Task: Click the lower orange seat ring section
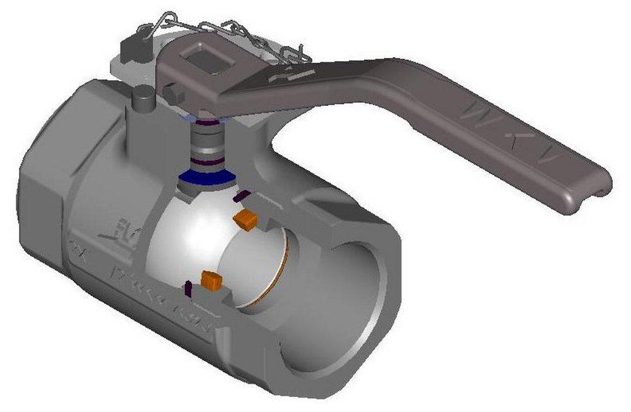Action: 211,280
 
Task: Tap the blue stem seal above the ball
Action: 203,178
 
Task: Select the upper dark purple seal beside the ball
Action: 239,197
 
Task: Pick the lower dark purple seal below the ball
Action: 187,290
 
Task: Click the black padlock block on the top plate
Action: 134,47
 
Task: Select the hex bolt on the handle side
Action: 173,94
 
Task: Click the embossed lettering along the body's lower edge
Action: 164,296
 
